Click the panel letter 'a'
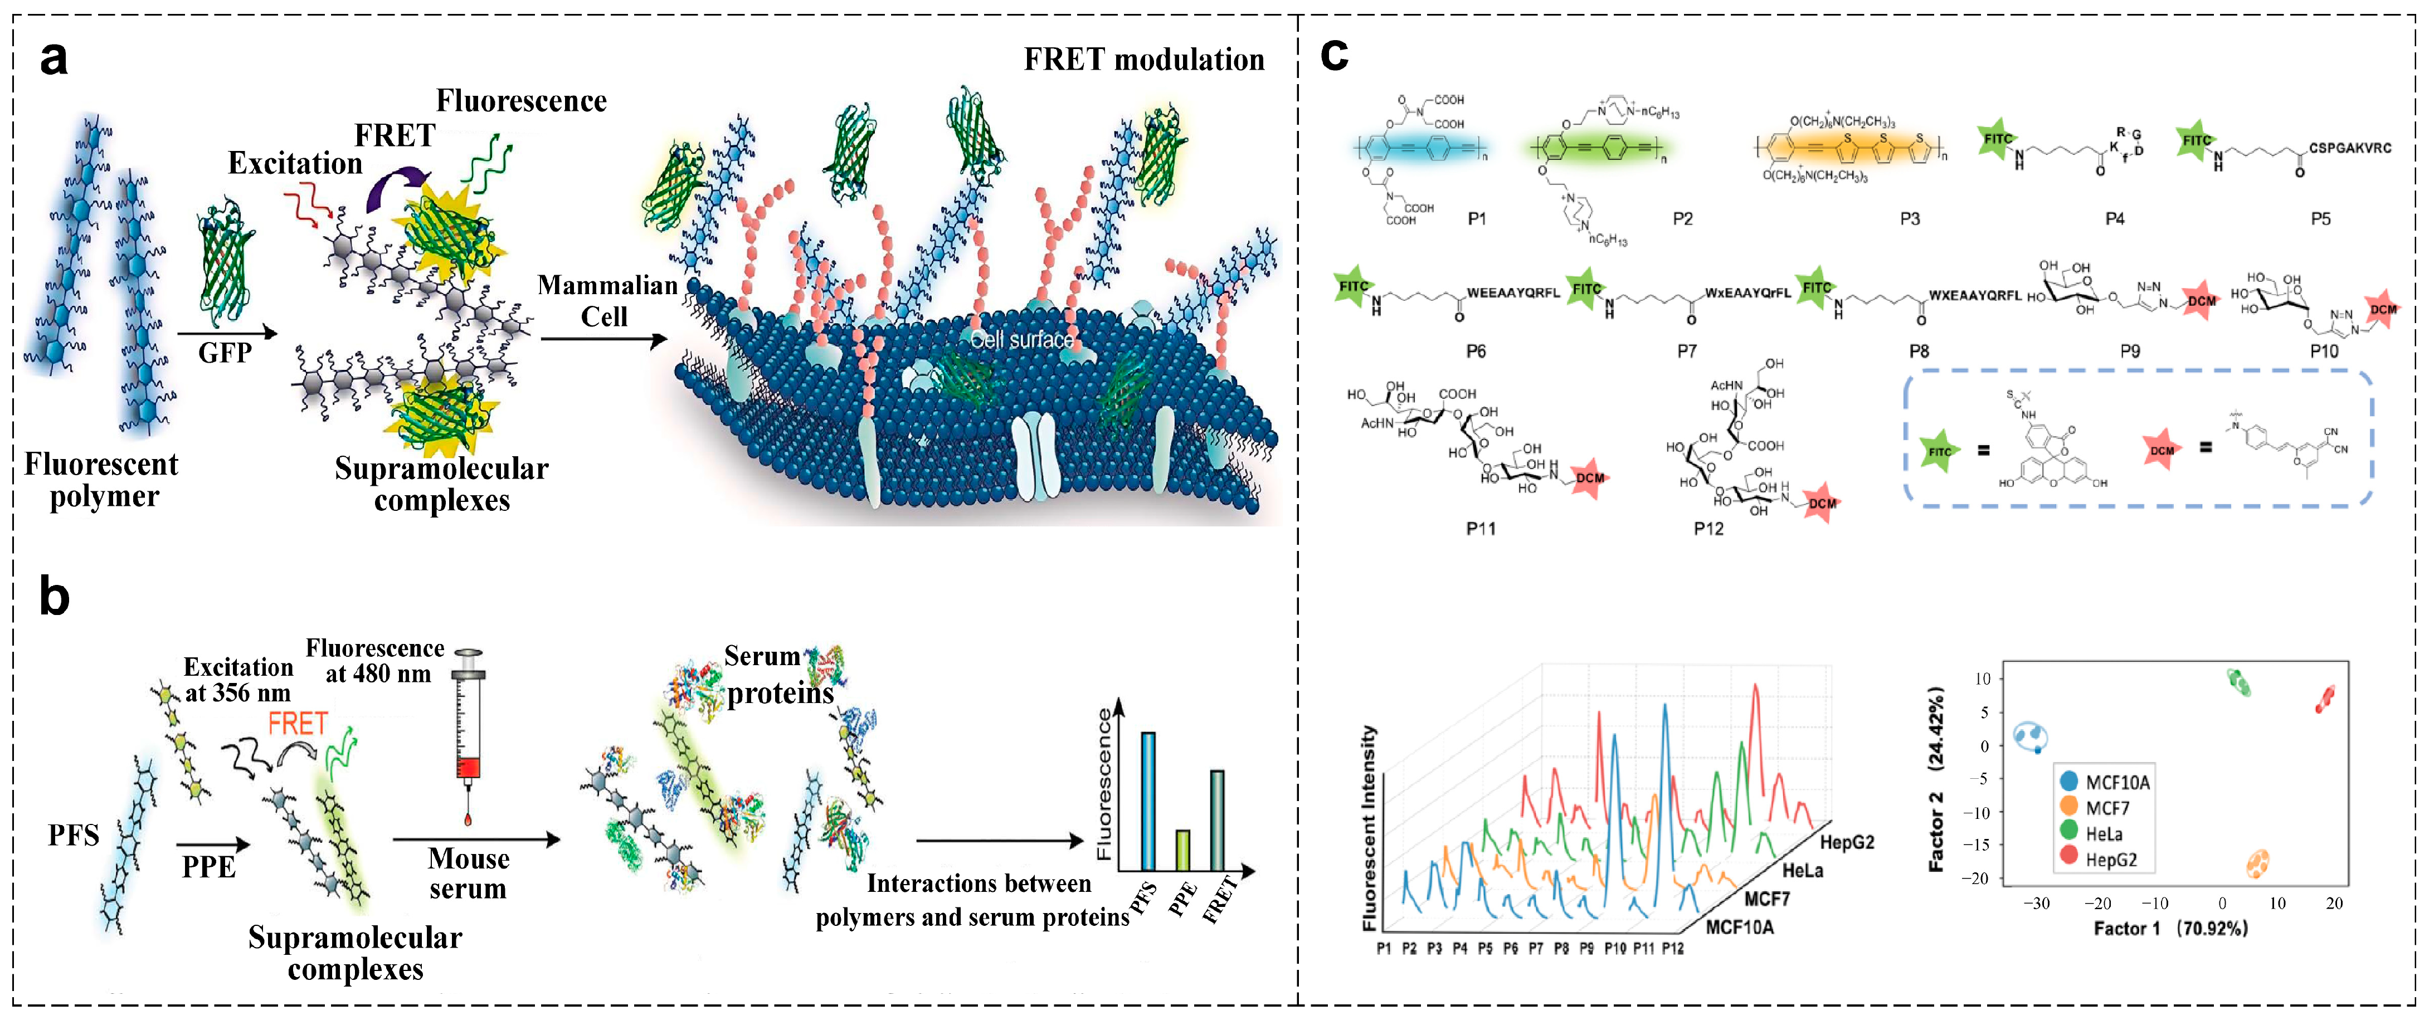[x=53, y=58]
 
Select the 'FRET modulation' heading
[x=1144, y=60]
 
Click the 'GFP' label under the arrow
[x=225, y=353]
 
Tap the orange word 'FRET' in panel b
[x=298, y=724]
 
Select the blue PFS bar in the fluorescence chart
[x=1147, y=801]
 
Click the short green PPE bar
[x=1181, y=850]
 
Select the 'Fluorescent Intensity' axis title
[x=1369, y=828]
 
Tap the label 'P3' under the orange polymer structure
[x=1910, y=219]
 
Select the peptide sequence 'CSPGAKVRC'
[x=2350, y=148]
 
